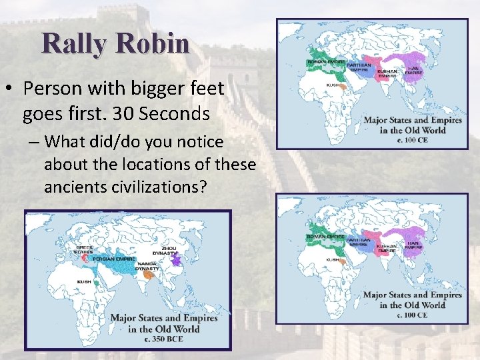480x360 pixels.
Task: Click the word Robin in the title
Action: click(151, 43)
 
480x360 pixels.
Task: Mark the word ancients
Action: click(72, 187)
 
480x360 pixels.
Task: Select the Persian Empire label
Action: click(114, 259)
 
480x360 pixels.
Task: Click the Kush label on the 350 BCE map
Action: click(84, 281)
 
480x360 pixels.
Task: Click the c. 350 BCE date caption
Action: click(164, 339)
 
